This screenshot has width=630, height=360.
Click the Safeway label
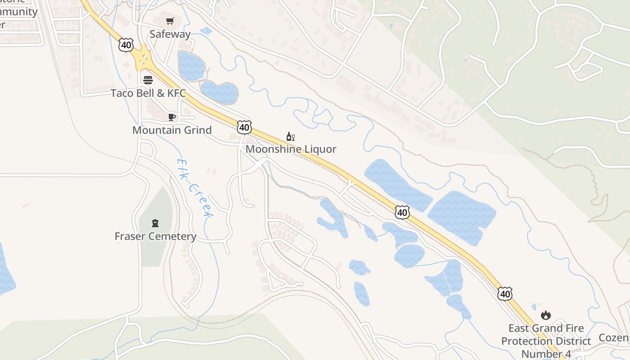(x=170, y=34)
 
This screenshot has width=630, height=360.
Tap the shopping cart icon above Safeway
(x=170, y=21)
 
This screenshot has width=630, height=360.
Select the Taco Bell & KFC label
(x=148, y=93)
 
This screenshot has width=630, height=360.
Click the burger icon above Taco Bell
(x=148, y=80)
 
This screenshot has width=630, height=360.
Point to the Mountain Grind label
(x=172, y=130)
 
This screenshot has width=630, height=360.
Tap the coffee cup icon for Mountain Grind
(x=171, y=117)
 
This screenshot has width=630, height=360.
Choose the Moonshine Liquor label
(x=291, y=149)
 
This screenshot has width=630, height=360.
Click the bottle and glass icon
(x=291, y=136)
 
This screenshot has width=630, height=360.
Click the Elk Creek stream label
(x=194, y=188)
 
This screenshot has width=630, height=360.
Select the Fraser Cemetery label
(x=155, y=236)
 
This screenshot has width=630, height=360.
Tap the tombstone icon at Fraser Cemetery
(x=155, y=223)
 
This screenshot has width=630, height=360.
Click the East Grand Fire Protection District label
(x=546, y=341)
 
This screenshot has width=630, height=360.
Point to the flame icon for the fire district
(x=546, y=315)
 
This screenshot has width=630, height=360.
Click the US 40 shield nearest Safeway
(x=126, y=44)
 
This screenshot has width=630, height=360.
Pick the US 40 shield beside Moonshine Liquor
(x=244, y=127)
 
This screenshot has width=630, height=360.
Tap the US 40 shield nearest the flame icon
(x=505, y=294)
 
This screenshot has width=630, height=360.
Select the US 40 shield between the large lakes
(x=402, y=212)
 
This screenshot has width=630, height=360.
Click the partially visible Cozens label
(x=615, y=337)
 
